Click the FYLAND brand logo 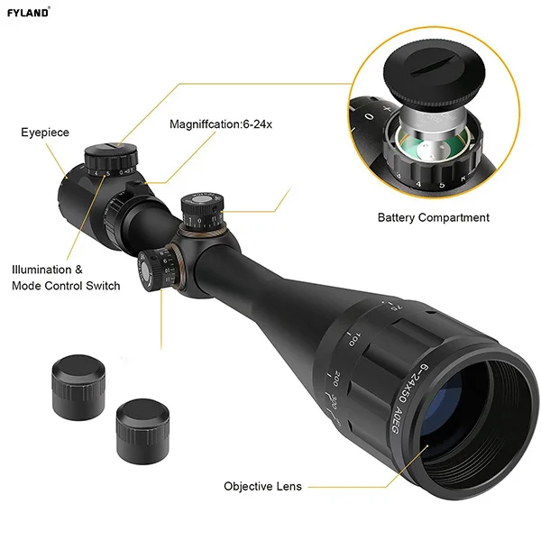click(x=29, y=12)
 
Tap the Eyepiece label click(x=45, y=133)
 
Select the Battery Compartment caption click(x=433, y=217)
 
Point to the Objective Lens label click(x=262, y=486)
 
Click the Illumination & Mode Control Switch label click(x=66, y=278)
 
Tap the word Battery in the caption click(x=399, y=217)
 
